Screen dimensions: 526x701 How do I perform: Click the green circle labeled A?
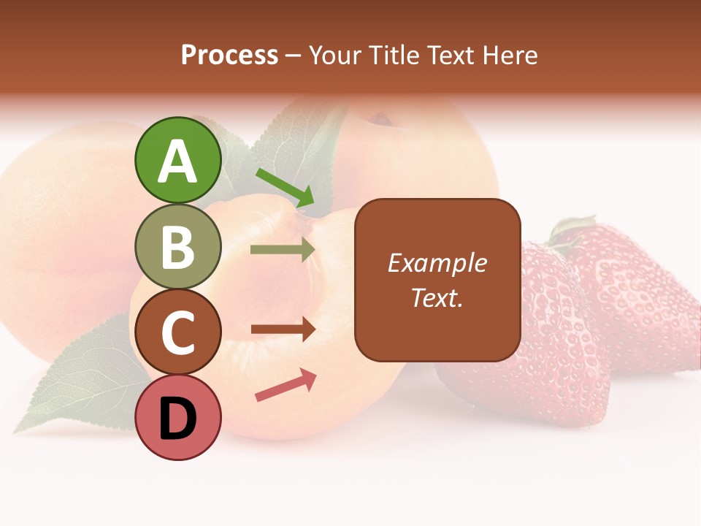click(178, 160)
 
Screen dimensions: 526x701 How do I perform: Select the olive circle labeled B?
click(178, 246)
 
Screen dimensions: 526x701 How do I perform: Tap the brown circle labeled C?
click(178, 332)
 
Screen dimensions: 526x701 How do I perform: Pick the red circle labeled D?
click(178, 418)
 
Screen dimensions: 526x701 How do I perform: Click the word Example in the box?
click(437, 263)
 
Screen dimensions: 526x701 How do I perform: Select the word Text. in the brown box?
click(437, 297)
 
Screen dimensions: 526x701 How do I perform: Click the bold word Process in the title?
click(229, 56)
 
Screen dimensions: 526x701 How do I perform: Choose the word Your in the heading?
click(337, 56)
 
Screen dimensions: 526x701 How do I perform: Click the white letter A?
click(178, 161)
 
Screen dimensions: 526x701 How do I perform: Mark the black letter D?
click(178, 419)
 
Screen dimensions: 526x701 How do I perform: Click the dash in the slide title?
click(294, 56)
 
